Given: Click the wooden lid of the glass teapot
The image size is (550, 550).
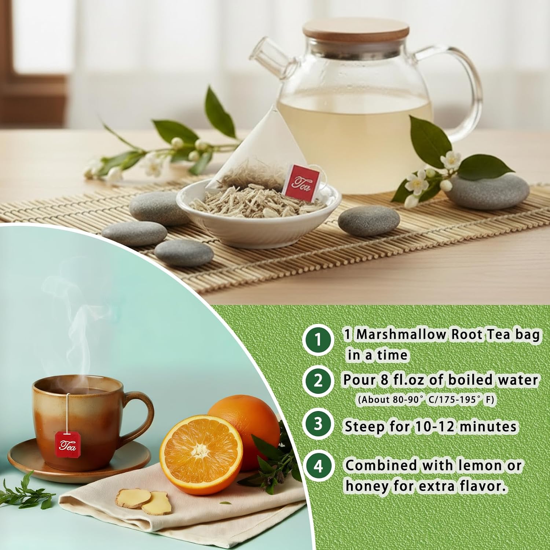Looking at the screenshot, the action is click(x=355, y=34).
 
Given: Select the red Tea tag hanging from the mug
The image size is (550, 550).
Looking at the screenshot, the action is click(x=67, y=444).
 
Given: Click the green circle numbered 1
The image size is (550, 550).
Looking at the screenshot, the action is click(x=318, y=339).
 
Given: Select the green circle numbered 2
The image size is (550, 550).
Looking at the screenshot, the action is click(x=318, y=381).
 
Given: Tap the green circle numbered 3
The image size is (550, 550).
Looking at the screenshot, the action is click(x=318, y=423).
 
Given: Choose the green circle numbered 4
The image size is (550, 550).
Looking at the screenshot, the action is click(x=318, y=467).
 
